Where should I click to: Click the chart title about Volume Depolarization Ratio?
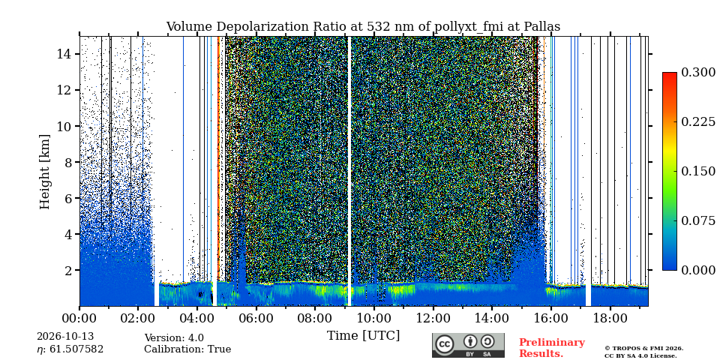[363, 27]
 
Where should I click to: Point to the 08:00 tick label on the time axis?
[314, 318]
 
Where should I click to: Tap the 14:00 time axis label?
[491, 318]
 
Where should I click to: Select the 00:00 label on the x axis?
[79, 318]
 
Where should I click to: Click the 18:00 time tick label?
[609, 318]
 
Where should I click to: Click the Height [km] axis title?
[44, 172]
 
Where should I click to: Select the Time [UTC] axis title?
[363, 335]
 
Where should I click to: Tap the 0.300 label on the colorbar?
[698, 73]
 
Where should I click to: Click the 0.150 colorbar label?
[698, 171]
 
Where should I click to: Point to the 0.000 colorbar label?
[698, 270]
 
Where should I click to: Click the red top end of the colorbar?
[670, 73]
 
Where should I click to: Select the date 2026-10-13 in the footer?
[65, 337]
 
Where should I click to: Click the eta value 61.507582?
[70, 349]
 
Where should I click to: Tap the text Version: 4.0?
[174, 338]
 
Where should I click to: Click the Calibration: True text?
[187, 349]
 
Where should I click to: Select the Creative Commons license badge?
[468, 345]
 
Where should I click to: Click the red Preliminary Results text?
[552, 348]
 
